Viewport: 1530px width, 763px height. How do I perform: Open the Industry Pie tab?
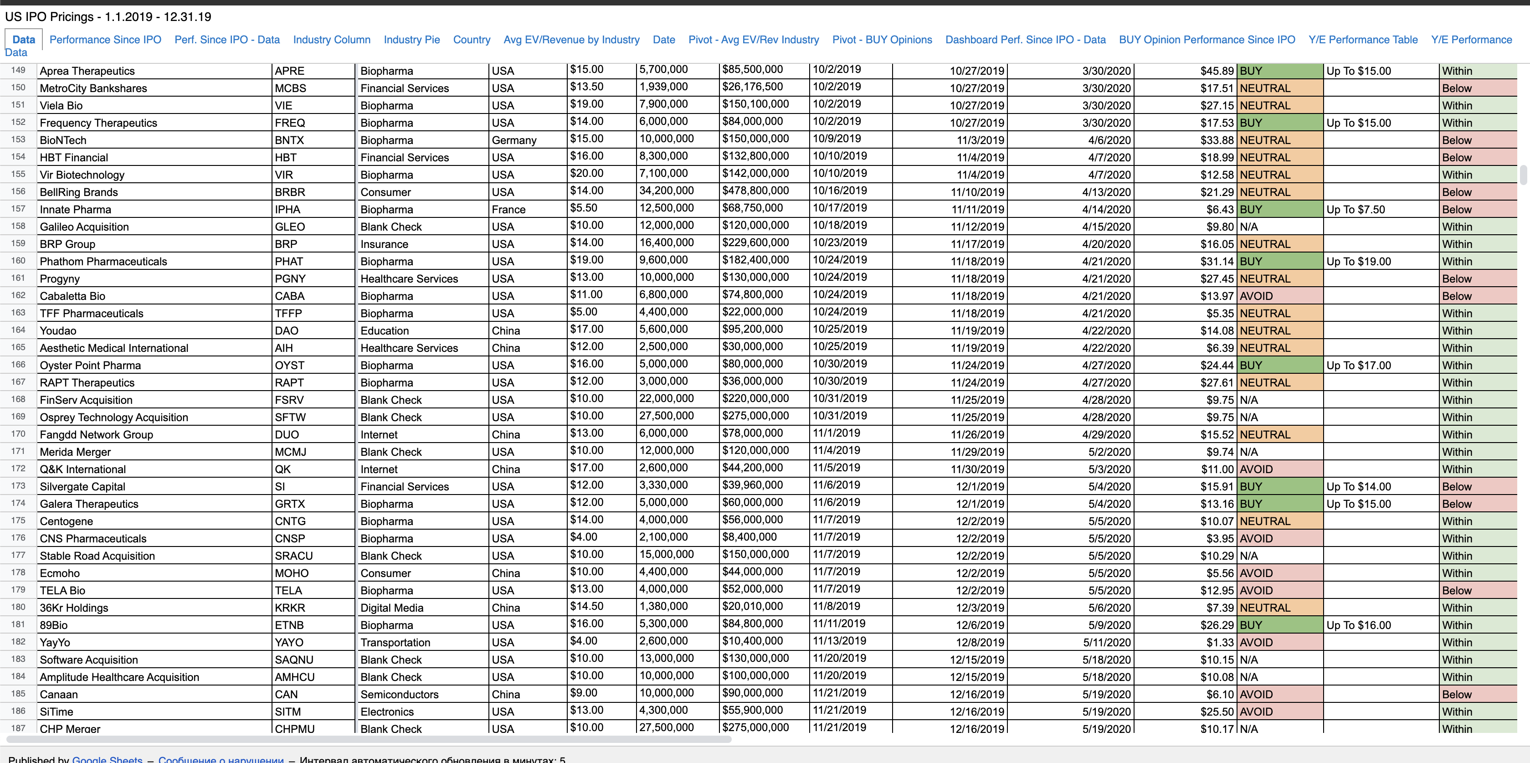[411, 40]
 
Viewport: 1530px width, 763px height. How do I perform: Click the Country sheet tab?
[471, 40]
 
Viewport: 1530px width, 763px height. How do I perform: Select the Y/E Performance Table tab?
[1362, 40]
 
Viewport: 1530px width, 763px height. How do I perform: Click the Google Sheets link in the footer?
[107, 759]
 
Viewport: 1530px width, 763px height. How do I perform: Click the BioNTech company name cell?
[63, 140]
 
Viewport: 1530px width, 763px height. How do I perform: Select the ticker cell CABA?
[289, 296]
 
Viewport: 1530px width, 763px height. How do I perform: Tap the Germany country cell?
[514, 140]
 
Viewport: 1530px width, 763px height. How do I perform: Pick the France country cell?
[508, 210]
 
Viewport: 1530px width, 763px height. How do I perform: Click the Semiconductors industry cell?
[399, 695]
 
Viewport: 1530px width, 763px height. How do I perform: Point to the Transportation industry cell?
[395, 642]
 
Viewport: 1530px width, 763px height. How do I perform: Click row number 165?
[18, 348]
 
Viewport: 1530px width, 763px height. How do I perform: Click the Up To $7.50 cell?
[1355, 210]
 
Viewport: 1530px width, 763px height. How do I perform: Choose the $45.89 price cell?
[1217, 71]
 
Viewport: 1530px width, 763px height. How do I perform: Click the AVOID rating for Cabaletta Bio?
[1256, 296]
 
